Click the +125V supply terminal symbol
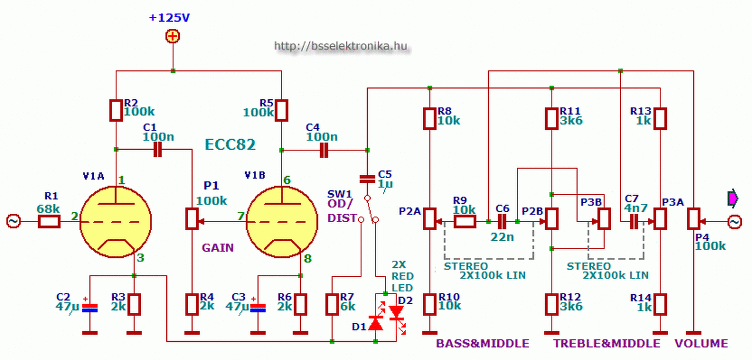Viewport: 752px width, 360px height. pyautogui.click(x=172, y=37)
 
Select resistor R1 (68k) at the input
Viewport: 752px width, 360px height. pyautogui.click(x=50, y=221)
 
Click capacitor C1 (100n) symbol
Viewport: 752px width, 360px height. pyautogui.click(x=157, y=150)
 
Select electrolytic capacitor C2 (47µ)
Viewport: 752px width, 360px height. pyautogui.click(x=89, y=307)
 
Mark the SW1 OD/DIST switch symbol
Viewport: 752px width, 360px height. pyautogui.click(x=368, y=208)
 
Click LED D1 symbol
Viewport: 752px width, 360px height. pyautogui.click(x=375, y=322)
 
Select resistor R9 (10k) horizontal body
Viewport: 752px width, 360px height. pyautogui.click(x=465, y=221)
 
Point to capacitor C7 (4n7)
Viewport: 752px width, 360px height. pyautogui.click(x=633, y=221)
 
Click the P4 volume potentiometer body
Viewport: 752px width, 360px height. pyautogui.click(x=693, y=219)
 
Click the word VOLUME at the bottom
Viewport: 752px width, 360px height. pyautogui.click(x=701, y=344)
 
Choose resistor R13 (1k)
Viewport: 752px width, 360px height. pyautogui.click(x=660, y=118)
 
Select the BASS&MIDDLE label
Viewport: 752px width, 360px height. pyautogui.click(x=482, y=344)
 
